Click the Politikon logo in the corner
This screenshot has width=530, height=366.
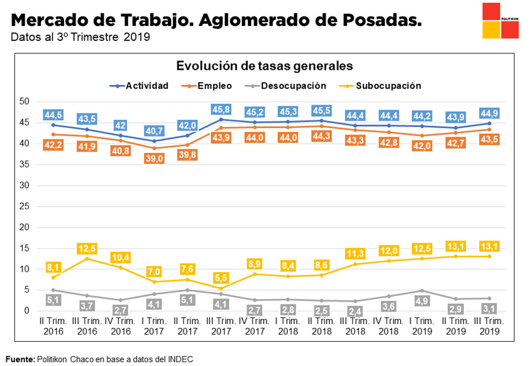point(500,21)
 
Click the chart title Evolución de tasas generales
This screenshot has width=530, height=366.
point(264,66)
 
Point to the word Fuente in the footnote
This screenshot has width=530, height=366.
point(20,359)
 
